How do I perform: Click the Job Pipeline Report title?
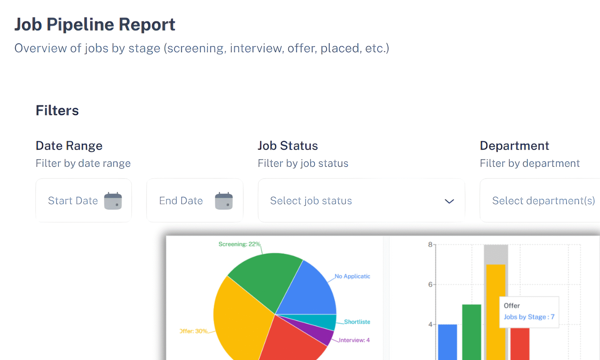pyautogui.click(x=95, y=25)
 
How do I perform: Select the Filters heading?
pyautogui.click(x=57, y=110)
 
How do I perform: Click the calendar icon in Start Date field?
pyautogui.click(x=113, y=201)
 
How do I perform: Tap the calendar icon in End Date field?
pyautogui.click(x=224, y=201)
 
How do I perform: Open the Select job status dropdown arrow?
pyautogui.click(x=449, y=201)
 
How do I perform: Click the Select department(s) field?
pyautogui.click(x=543, y=201)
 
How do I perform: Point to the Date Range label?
pyautogui.click(x=69, y=146)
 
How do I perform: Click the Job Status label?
pyautogui.click(x=287, y=146)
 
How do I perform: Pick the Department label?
pyautogui.click(x=514, y=146)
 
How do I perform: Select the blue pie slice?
pyautogui.click(x=311, y=293)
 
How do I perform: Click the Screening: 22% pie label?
pyautogui.click(x=239, y=244)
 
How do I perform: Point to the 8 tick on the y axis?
pyautogui.click(x=430, y=245)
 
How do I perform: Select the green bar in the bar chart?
pyautogui.click(x=471, y=332)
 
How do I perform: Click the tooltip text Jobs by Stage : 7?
pyautogui.click(x=529, y=317)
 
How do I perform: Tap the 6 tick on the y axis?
pyautogui.click(x=430, y=285)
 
